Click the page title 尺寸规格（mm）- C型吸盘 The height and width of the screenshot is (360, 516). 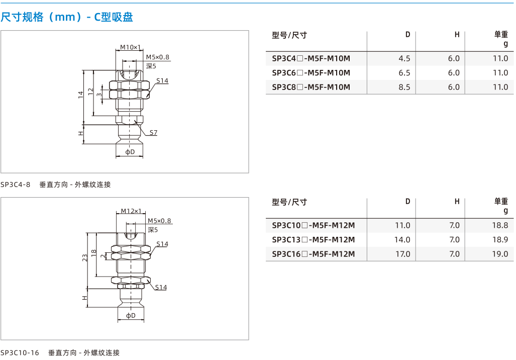click(67, 17)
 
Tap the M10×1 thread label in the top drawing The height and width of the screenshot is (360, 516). click(130, 47)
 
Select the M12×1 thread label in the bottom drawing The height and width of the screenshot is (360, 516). click(131, 211)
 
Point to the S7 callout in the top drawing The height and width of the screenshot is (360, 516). click(153, 132)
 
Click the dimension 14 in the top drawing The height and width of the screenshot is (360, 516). click(80, 95)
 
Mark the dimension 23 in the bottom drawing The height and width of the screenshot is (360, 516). click(85, 258)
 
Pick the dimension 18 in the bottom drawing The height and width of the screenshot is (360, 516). click(94, 252)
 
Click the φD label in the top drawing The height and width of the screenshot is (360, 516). click(130, 152)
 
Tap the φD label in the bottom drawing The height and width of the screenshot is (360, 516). click(131, 316)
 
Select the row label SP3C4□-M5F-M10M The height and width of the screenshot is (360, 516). click(311, 59)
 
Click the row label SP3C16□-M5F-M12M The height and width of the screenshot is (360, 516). click(314, 254)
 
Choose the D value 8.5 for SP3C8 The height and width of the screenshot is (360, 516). click(404, 87)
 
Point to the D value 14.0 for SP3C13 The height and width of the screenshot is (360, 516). click(402, 240)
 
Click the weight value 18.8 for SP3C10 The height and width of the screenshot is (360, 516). click(500, 225)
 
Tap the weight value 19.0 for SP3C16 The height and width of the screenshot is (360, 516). click(500, 254)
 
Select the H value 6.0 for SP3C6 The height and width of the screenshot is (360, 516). click(454, 73)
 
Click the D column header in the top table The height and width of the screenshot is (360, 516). click(408, 35)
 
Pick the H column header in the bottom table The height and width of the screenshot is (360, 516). click(457, 201)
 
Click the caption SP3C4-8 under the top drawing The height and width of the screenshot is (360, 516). click(15, 185)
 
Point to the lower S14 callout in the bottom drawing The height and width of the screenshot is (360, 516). click(161, 287)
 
